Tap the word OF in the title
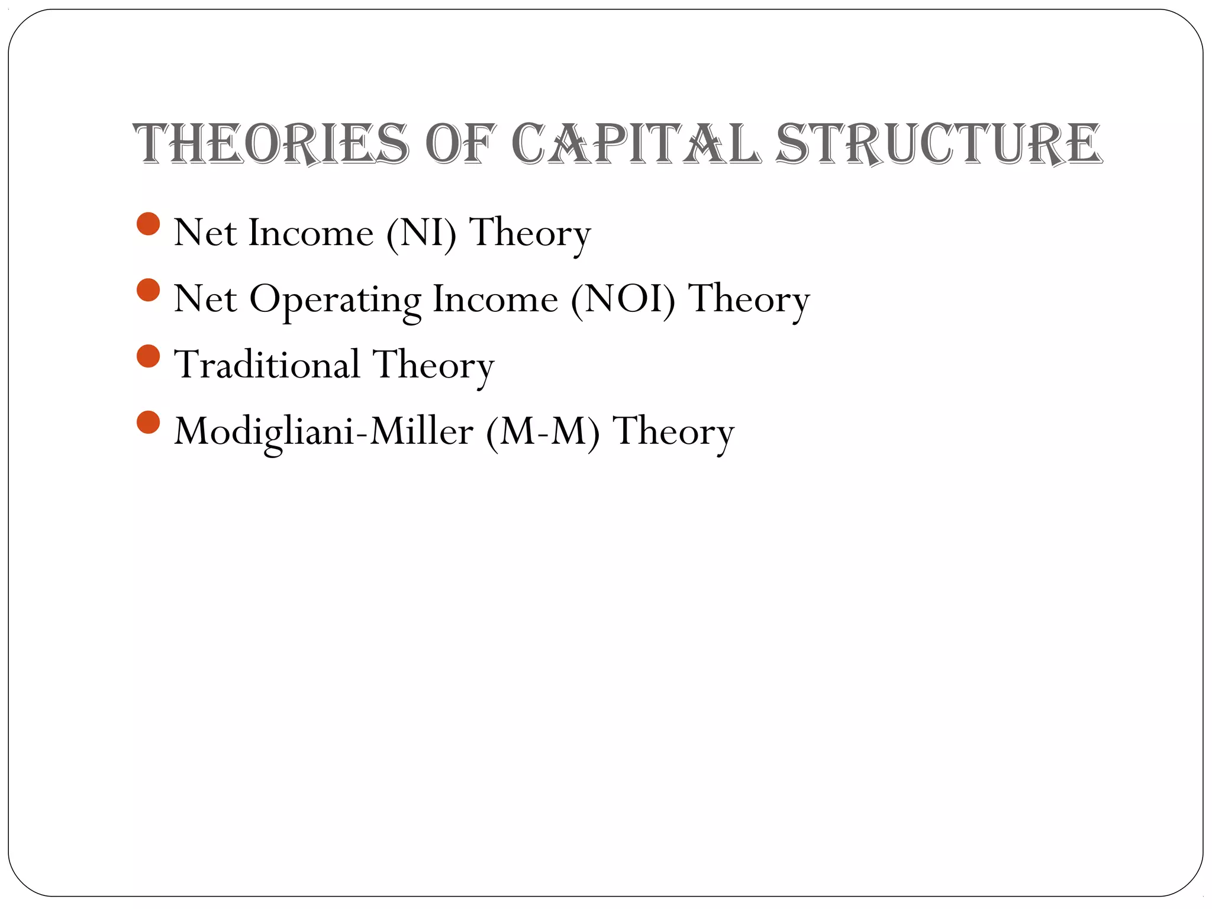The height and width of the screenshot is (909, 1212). coord(459,144)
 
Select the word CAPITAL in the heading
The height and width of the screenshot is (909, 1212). coord(636,144)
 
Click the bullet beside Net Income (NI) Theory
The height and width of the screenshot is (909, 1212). coord(148,224)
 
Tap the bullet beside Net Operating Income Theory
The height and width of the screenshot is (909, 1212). coord(148,291)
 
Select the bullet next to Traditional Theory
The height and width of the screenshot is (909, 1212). coord(148,356)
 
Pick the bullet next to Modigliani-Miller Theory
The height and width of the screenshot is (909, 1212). coord(148,423)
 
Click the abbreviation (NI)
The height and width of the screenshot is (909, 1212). coord(421,233)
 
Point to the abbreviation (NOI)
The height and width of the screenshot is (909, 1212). coord(623,299)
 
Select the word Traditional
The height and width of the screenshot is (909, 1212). coord(267,365)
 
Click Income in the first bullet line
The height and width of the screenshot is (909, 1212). coord(311,233)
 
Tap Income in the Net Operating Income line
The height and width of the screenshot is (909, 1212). coord(495,299)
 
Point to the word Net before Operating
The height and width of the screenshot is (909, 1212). coord(205,299)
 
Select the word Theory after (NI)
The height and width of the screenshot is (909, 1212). coord(530,233)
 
